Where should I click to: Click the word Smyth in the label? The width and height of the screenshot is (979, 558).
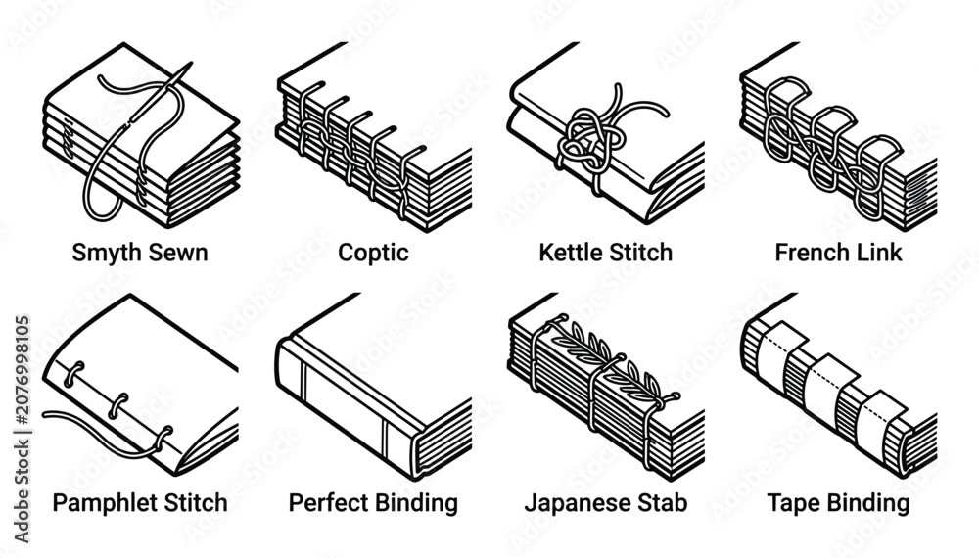104,254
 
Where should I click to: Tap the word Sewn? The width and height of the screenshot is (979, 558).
175,253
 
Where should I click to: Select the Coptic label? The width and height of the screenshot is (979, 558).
373,254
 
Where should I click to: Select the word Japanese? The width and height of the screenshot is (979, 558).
572,503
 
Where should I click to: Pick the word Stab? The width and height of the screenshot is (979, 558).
658,503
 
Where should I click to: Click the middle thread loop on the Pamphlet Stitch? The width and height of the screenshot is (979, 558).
118,405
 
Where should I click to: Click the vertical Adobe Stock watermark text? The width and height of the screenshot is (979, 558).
22,430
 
